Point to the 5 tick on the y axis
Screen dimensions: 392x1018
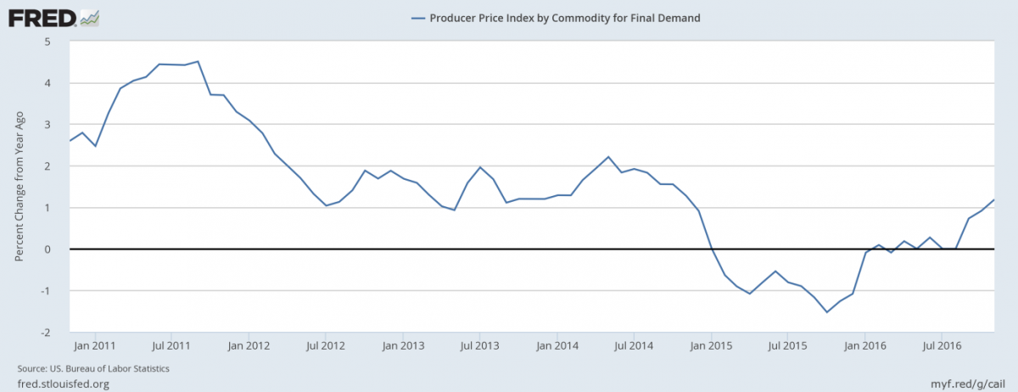[48, 42]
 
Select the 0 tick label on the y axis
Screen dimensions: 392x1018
[48, 249]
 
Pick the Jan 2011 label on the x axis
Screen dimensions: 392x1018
[95, 345]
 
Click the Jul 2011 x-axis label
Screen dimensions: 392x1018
[172, 345]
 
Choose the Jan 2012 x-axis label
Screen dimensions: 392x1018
[249, 345]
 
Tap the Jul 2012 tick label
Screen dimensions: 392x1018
[326, 345]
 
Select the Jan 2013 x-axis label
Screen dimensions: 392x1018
[403, 345]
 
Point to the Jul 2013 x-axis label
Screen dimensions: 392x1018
[479, 345]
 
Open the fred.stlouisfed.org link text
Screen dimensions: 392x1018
[63, 384]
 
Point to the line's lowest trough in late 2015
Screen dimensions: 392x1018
[826, 312]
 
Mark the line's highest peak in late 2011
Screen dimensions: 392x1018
[198, 61]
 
